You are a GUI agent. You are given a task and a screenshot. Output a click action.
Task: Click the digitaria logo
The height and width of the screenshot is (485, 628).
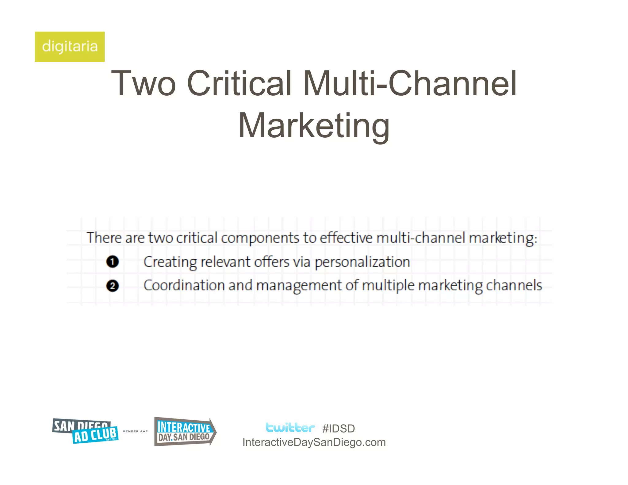[x=70, y=47]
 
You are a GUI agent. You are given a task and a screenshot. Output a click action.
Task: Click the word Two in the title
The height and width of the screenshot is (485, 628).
[x=143, y=83]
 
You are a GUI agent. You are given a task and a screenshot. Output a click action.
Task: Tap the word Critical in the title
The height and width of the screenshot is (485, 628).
[x=239, y=83]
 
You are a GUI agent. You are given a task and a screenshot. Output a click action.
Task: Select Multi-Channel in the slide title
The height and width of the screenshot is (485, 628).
[x=410, y=83]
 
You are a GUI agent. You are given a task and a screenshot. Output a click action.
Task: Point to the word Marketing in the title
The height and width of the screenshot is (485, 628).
[x=314, y=126]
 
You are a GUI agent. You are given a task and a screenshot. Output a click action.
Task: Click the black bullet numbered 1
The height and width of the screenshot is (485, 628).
[x=113, y=262]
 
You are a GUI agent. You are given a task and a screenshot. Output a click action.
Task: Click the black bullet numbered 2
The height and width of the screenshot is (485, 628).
[x=113, y=286]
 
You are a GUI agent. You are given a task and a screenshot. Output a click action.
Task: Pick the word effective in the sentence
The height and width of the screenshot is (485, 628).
[x=346, y=238]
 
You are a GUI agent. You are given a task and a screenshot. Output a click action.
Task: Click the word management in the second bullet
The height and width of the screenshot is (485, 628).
[x=299, y=286]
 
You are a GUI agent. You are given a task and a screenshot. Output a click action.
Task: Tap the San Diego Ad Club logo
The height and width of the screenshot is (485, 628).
[x=85, y=431]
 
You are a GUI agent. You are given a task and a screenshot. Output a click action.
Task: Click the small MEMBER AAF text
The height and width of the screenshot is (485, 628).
[x=135, y=431]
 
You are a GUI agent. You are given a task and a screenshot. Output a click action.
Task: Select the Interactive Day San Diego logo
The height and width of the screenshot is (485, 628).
[x=185, y=432]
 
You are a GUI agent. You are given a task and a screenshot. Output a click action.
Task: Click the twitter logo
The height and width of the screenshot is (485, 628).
[x=290, y=428]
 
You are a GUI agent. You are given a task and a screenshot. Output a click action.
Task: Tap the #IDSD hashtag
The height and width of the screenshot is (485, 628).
[x=339, y=429]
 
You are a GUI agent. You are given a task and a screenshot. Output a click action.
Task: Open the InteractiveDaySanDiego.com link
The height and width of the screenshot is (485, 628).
[x=314, y=442]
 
